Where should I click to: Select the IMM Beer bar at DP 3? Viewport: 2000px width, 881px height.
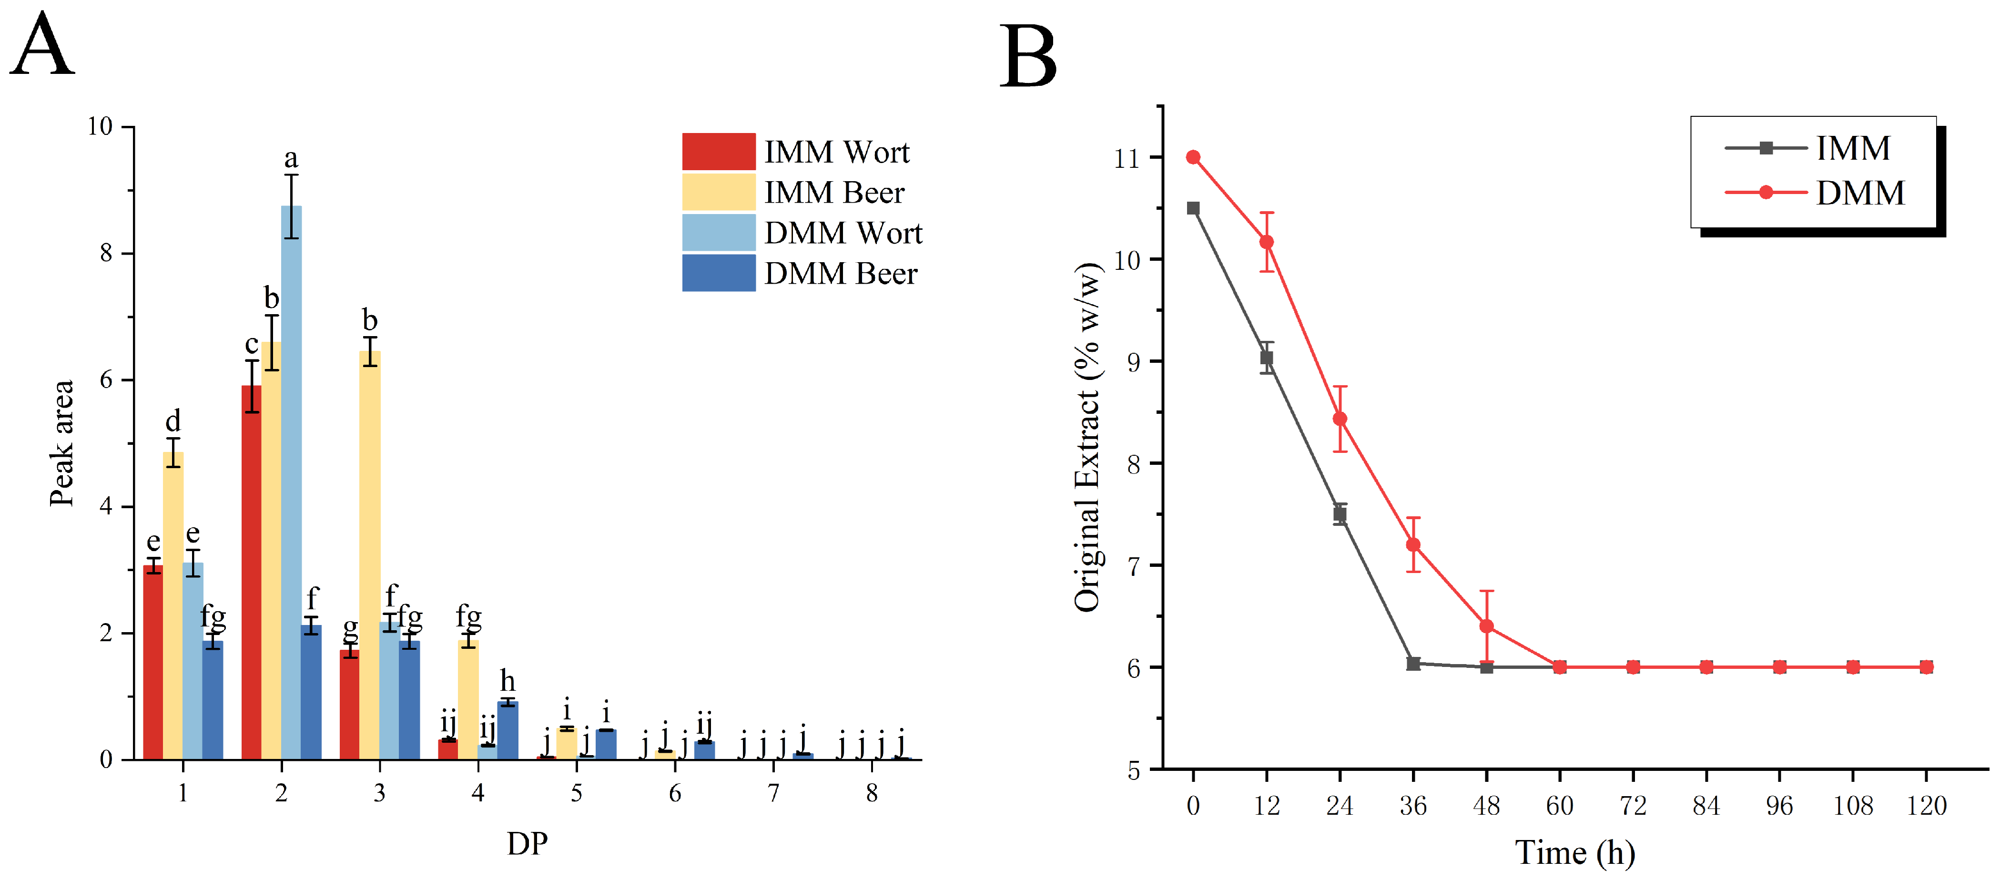pyautogui.click(x=370, y=555)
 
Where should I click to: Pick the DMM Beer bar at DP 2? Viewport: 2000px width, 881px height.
pyautogui.click(x=311, y=692)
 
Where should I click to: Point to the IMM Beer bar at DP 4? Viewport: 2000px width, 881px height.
pyautogui.click(x=468, y=700)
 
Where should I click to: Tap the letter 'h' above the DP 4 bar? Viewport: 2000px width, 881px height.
pyautogui.click(x=508, y=681)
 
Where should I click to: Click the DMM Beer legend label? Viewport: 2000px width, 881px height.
pyautogui.click(x=840, y=274)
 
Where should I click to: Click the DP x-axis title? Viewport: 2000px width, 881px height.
pyautogui.click(x=527, y=843)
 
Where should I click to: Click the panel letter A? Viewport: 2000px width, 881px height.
pyautogui.click(x=43, y=45)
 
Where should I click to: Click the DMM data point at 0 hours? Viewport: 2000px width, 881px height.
pyautogui.click(x=1193, y=158)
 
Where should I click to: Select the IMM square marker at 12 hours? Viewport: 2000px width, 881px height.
pyautogui.click(x=1266, y=358)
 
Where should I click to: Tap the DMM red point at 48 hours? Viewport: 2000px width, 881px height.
pyautogui.click(x=1486, y=626)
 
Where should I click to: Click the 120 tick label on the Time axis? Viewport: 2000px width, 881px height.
pyautogui.click(x=1926, y=806)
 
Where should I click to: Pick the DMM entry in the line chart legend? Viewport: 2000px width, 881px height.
pyautogui.click(x=1815, y=193)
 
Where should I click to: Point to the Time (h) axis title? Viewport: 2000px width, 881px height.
pyautogui.click(x=1575, y=853)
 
